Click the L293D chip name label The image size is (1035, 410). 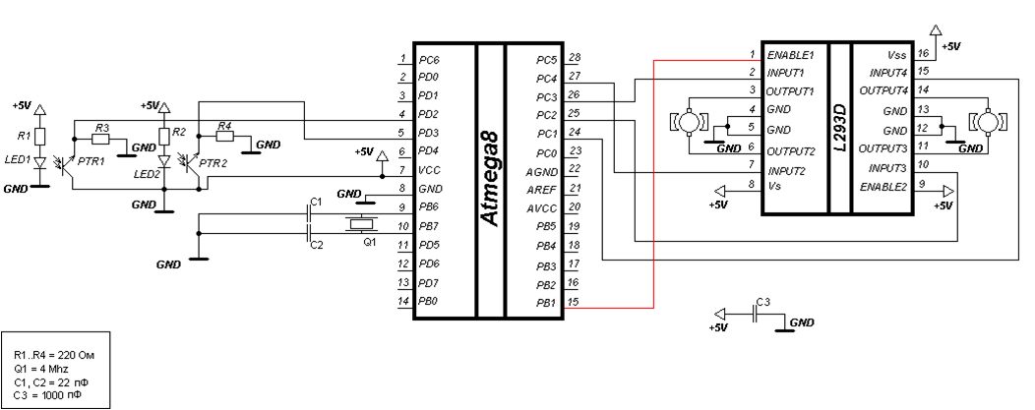838,129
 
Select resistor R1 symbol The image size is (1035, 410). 40,135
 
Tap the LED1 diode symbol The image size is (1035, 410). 40,161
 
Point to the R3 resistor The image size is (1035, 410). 102,140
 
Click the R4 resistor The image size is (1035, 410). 224,138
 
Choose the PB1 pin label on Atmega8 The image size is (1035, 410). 547,301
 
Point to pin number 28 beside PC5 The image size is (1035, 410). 575,58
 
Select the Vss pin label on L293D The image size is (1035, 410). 896,55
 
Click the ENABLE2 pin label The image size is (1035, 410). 883,185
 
